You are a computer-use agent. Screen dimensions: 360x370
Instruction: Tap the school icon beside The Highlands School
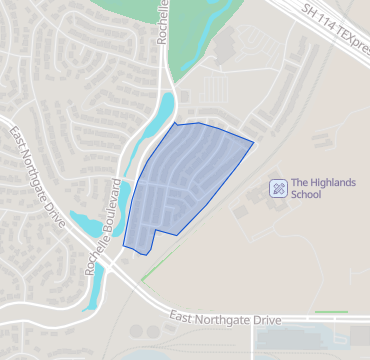pyautogui.click(x=279, y=188)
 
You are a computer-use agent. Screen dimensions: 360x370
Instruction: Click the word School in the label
pyautogui.click(x=306, y=196)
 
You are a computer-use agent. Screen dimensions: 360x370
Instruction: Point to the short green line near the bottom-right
pyautogui.click(x=330, y=313)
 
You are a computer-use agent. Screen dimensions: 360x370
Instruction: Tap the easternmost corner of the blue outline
pyautogui.click(x=253, y=142)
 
